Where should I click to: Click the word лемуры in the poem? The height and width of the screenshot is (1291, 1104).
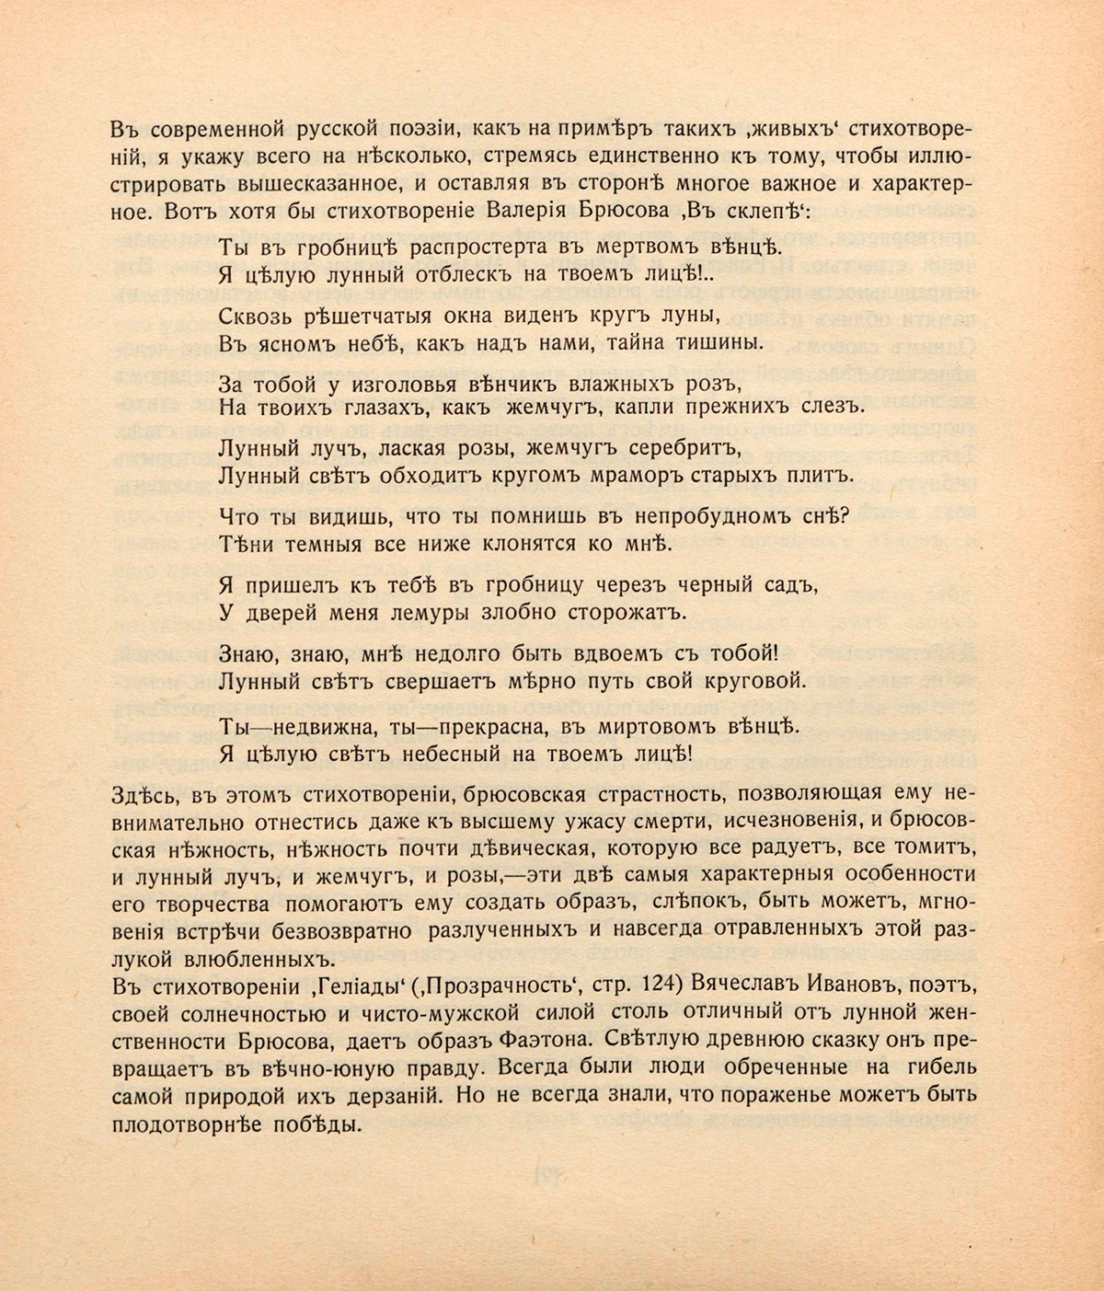point(449,609)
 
